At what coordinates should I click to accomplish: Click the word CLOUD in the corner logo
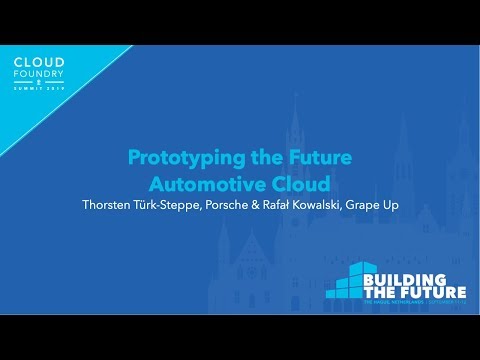[40, 61]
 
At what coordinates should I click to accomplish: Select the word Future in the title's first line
[316, 157]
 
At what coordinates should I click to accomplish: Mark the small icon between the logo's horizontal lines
[40, 81]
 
